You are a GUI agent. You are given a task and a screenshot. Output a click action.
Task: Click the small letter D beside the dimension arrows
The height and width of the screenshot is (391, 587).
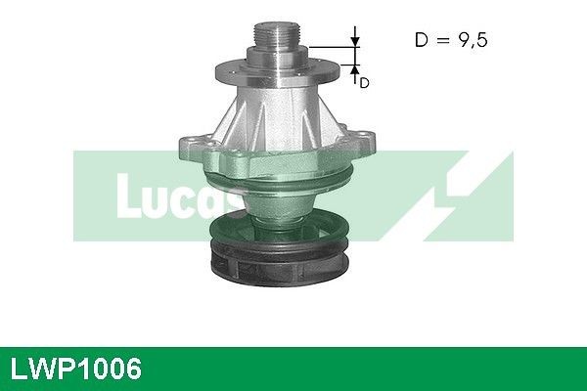click(x=364, y=83)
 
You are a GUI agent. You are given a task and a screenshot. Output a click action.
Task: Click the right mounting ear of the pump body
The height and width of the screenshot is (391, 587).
click(x=368, y=143)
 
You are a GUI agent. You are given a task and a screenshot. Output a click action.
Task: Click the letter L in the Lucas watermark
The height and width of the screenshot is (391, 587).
click(x=130, y=196)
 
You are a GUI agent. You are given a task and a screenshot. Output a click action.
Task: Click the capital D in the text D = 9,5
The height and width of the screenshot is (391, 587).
click(x=422, y=40)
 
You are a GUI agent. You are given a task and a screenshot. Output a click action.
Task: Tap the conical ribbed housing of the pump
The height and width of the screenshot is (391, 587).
click(x=279, y=117)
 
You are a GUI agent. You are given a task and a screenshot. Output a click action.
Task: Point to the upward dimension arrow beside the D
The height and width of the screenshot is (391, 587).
click(x=355, y=68)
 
